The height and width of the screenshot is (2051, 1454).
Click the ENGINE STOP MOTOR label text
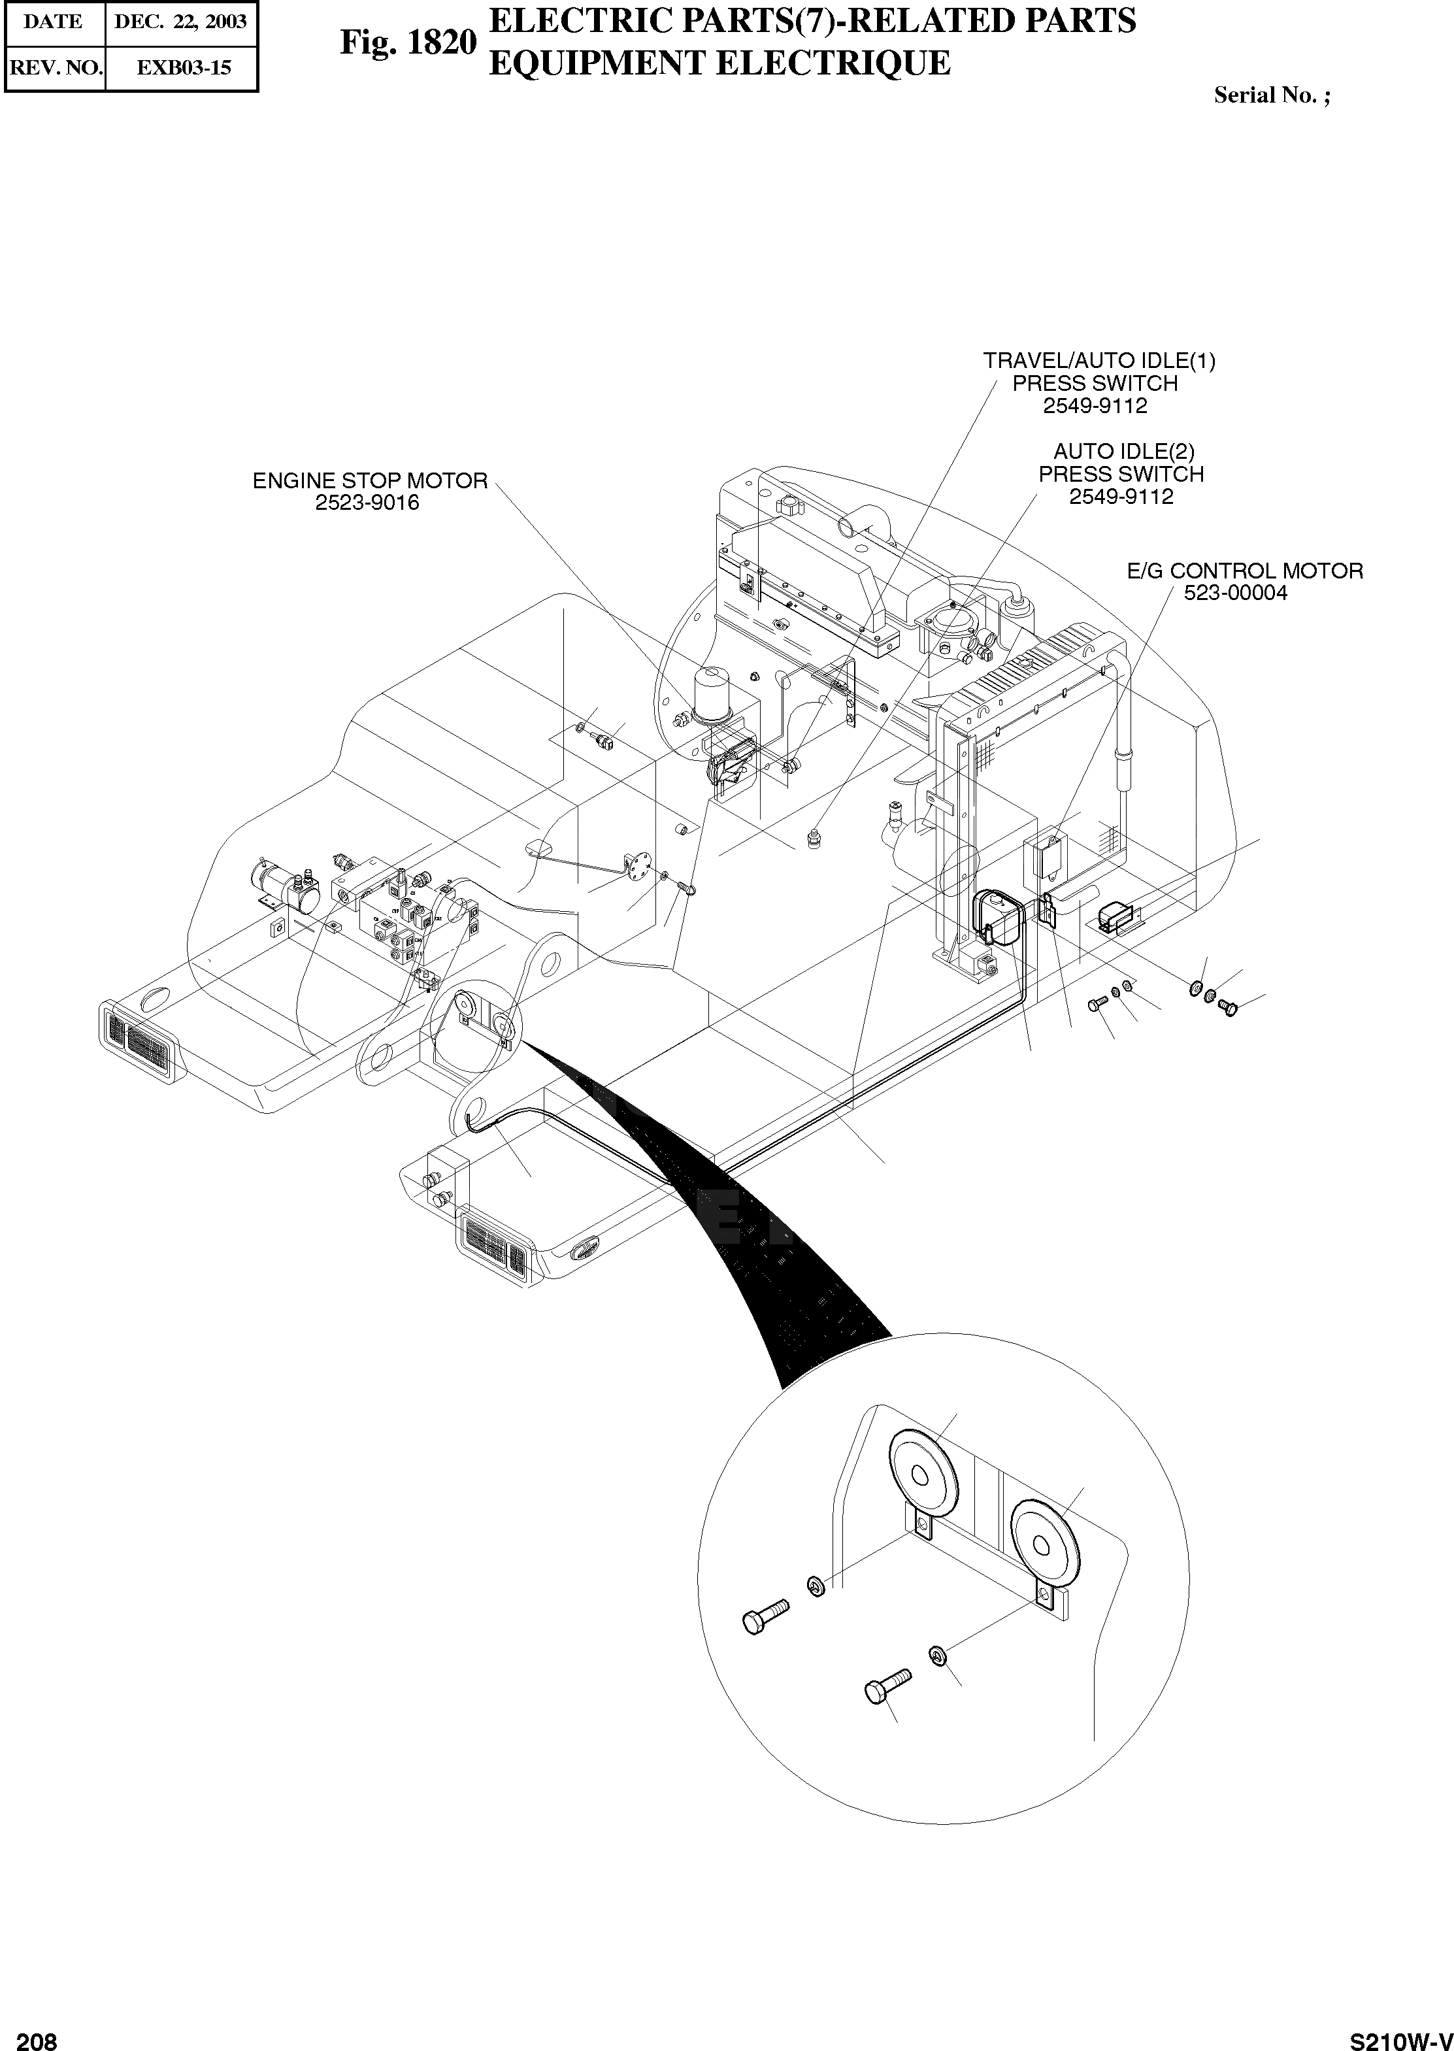(x=370, y=481)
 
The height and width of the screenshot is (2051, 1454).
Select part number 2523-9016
(x=367, y=503)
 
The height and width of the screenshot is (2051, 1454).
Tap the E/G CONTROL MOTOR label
(x=1244, y=571)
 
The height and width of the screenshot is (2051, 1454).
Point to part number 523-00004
(x=1236, y=593)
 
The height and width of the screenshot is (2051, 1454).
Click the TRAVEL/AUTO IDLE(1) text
(x=1099, y=361)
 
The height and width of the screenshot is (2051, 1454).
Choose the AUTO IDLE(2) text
(x=1123, y=451)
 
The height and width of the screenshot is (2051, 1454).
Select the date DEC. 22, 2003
(x=181, y=22)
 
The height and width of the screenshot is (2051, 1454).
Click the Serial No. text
(x=1272, y=96)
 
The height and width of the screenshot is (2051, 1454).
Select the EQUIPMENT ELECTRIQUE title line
(x=718, y=63)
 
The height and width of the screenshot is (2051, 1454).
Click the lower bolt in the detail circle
(x=886, y=1686)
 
